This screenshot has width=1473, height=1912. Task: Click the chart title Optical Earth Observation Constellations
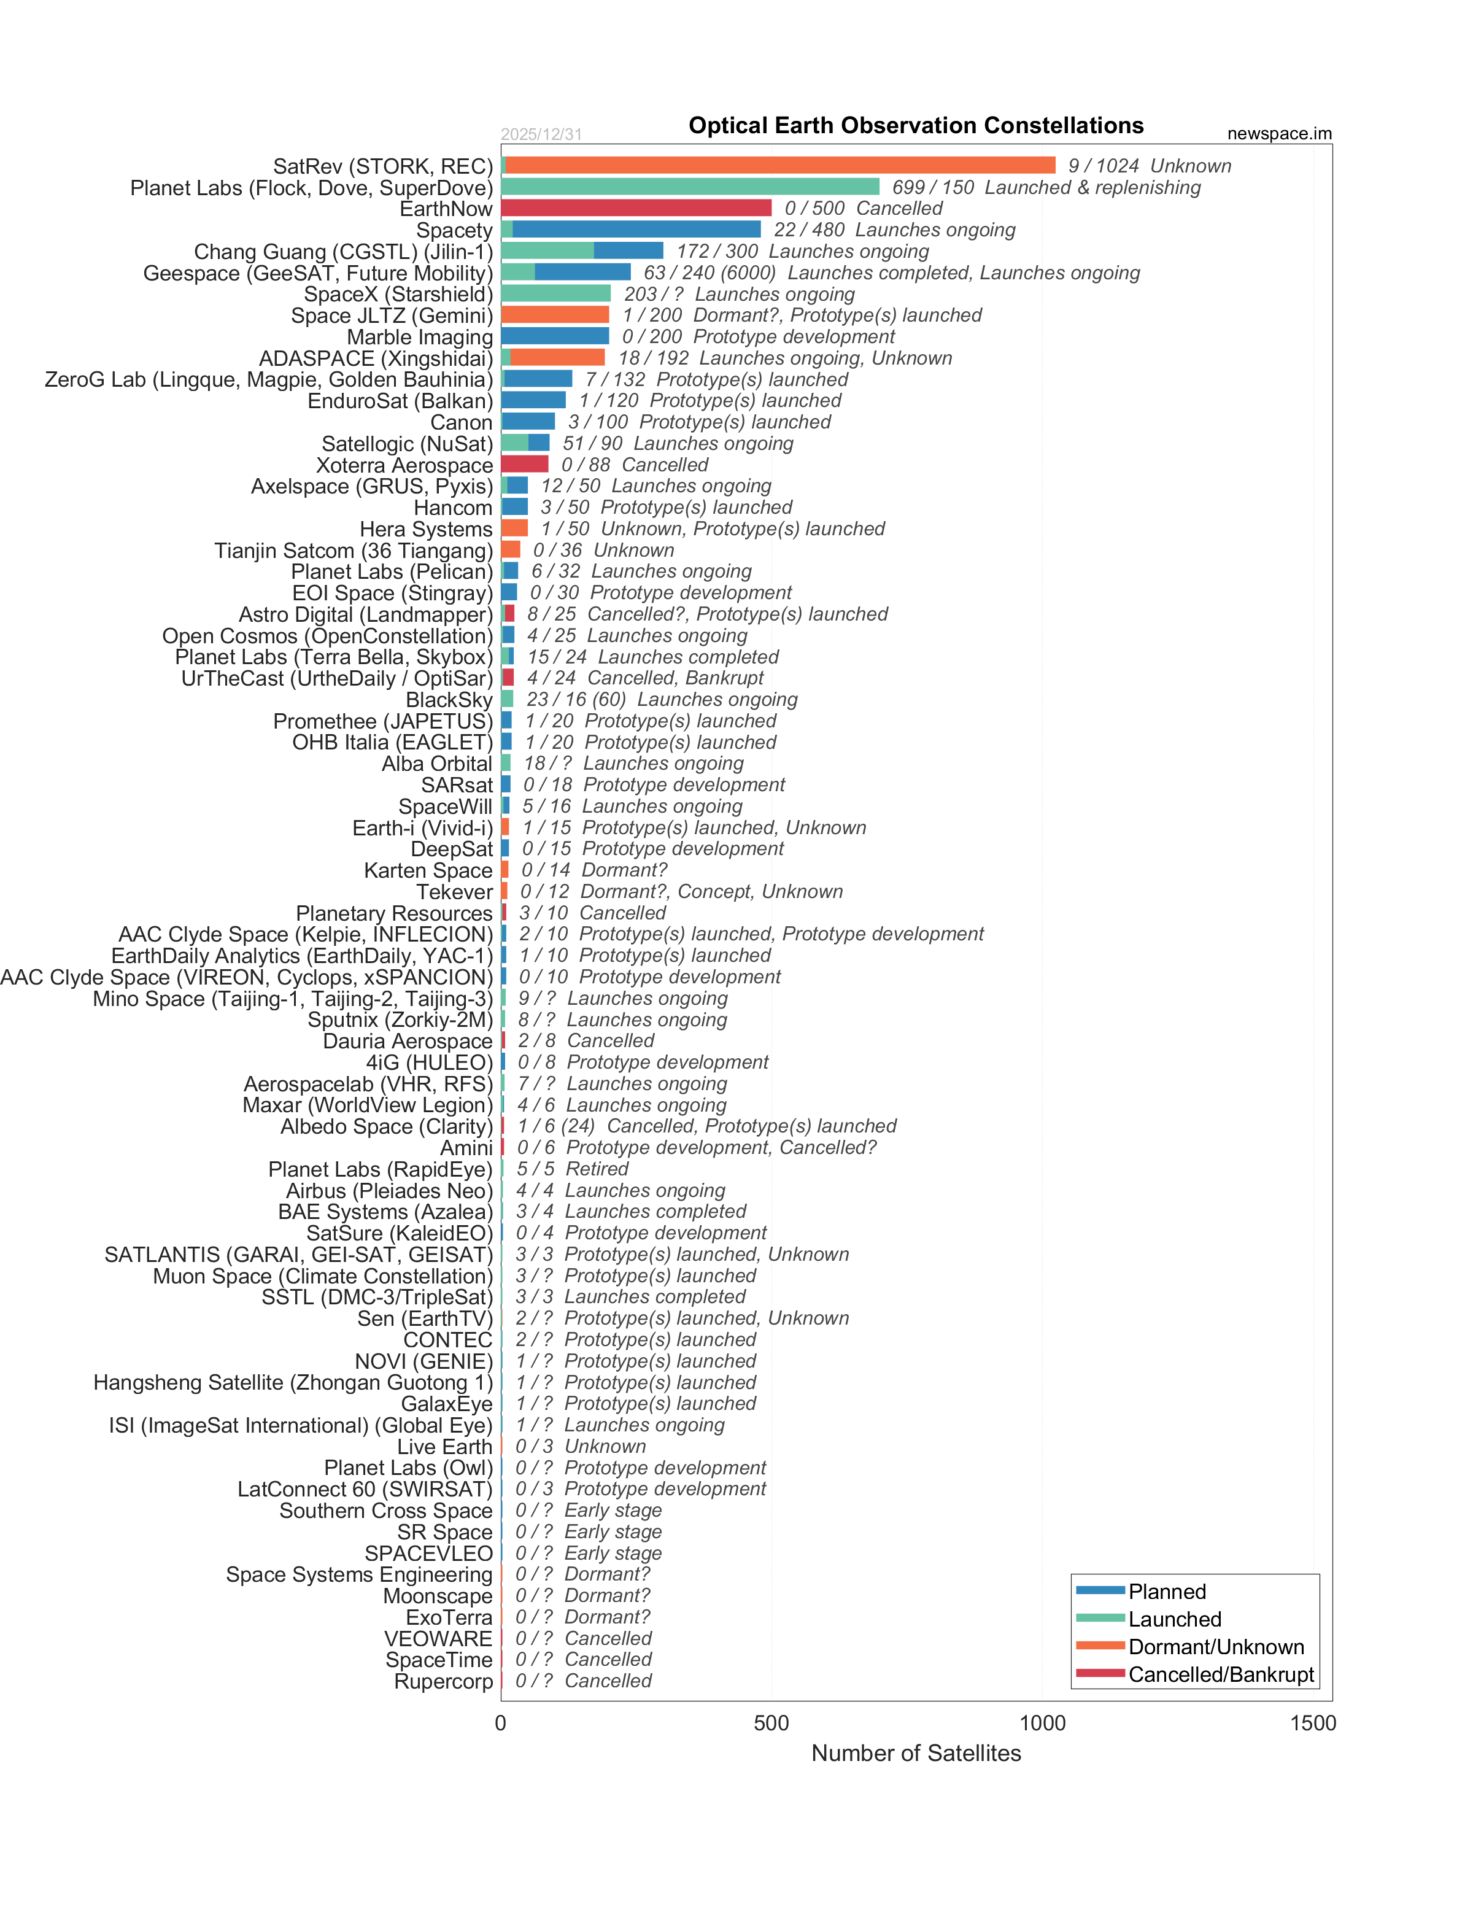click(x=916, y=126)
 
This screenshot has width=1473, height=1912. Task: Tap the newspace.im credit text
click(x=1278, y=134)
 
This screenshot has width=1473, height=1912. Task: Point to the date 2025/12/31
click(x=541, y=134)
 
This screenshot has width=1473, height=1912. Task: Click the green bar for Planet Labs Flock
click(x=690, y=187)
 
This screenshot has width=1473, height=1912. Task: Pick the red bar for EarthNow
click(x=636, y=208)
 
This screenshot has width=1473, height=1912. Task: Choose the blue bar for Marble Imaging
click(x=555, y=336)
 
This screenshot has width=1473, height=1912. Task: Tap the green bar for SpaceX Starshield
click(x=556, y=293)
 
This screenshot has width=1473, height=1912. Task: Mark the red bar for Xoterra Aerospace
click(x=524, y=464)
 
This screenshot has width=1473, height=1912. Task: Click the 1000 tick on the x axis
click(x=1042, y=1724)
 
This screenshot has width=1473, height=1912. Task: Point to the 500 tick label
click(x=771, y=1724)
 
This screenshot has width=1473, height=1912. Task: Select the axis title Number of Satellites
click(x=916, y=1754)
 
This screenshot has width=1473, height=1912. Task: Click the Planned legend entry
click(x=1167, y=1592)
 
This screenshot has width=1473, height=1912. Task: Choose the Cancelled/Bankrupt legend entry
click(x=1220, y=1674)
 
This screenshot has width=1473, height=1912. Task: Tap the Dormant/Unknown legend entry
click(x=1215, y=1647)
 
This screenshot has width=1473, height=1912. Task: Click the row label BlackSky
click(x=449, y=700)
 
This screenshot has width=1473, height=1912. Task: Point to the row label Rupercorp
click(x=443, y=1682)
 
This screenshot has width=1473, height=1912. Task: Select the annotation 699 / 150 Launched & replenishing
click(x=1046, y=187)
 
